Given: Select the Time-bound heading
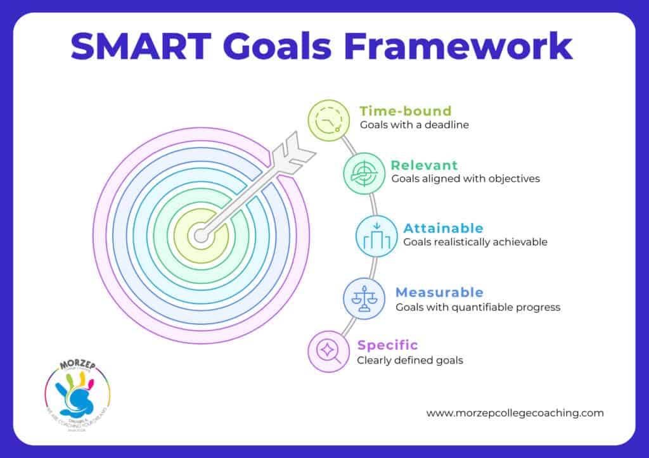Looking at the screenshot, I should tap(405, 111).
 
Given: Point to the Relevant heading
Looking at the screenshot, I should tap(424, 165).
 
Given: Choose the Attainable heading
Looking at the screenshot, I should tap(443, 228).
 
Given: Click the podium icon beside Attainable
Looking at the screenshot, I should tap(376, 236).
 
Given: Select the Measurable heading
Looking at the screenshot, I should tap(439, 292).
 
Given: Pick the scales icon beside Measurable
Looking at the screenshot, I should tap(364, 298).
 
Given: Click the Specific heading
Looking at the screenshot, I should tap(387, 345).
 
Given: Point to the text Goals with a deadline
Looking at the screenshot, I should tap(414, 125).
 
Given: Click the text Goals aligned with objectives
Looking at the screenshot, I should tap(465, 179).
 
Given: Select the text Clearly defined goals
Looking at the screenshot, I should tap(409, 360).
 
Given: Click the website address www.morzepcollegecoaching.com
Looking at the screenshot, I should tap(515, 412).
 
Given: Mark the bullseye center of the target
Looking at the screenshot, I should tap(201, 236).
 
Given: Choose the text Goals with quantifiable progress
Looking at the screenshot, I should tap(478, 307).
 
